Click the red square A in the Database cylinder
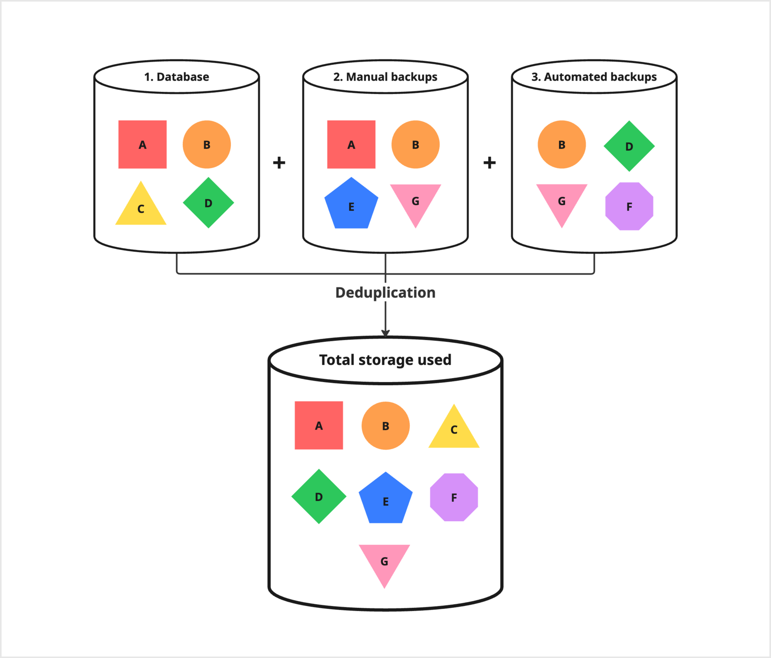[x=142, y=144]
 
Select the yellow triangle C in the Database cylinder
[x=141, y=207]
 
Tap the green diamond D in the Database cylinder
[x=208, y=203]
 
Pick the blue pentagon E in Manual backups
[x=351, y=205]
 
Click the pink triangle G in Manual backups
[x=416, y=202]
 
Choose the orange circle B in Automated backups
[x=561, y=144]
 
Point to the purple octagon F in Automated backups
[x=629, y=206]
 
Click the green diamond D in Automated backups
[x=629, y=146]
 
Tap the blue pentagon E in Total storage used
[x=385, y=500]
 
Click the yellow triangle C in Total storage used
[x=454, y=430]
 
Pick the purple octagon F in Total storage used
[x=454, y=497]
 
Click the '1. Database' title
[x=176, y=77]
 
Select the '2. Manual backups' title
[x=385, y=77]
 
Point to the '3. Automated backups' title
[x=594, y=77]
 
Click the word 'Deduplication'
[x=385, y=292]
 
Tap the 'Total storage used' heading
[x=385, y=360]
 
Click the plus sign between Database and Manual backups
[x=279, y=162]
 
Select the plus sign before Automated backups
[x=489, y=162]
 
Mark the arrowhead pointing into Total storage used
[x=385, y=333]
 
